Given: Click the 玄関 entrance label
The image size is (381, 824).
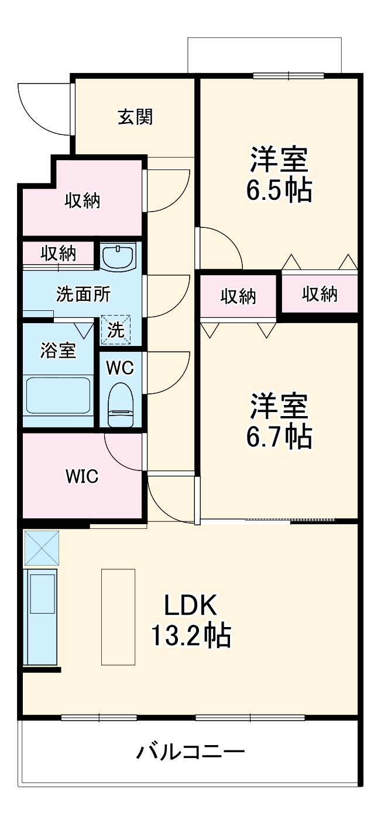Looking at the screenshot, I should (x=135, y=117).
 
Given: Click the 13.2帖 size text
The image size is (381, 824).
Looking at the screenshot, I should (x=190, y=636).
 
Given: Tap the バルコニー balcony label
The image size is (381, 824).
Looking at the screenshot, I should (x=190, y=751).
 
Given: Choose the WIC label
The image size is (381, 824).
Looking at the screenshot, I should (x=81, y=476).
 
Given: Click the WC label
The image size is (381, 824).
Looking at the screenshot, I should (x=119, y=368).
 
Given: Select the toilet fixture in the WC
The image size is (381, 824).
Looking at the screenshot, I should (x=122, y=405).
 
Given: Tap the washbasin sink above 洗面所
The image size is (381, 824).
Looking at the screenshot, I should (x=119, y=257).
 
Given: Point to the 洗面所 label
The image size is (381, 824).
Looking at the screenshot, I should (x=83, y=295).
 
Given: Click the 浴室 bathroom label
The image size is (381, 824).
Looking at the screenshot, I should (x=57, y=351).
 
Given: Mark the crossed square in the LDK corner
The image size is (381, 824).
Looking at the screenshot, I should (x=41, y=548).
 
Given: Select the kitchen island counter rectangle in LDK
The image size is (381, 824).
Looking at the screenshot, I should (x=118, y=617).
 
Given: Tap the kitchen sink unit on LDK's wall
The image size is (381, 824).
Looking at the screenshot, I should (x=41, y=617).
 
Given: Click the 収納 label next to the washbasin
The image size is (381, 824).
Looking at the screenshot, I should (x=58, y=254).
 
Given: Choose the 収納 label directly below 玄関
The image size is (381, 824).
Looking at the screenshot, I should (x=82, y=200).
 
